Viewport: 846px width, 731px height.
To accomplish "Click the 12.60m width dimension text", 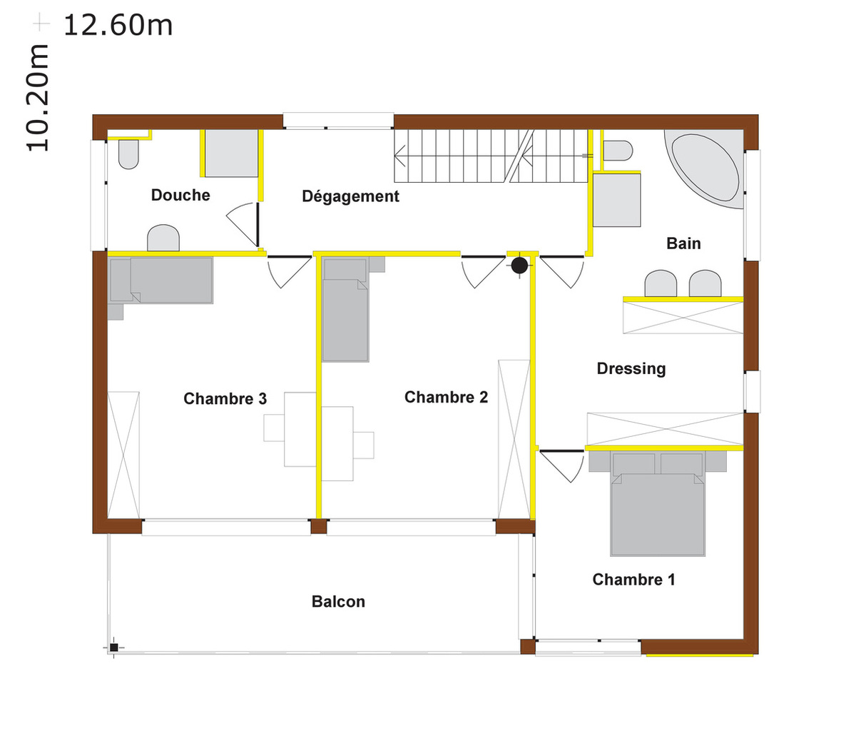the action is [x=118, y=26].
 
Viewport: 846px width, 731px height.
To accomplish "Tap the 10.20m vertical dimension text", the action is [x=38, y=98].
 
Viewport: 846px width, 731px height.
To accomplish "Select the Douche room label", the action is [x=180, y=195].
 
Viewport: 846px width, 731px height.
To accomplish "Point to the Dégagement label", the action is [x=351, y=196].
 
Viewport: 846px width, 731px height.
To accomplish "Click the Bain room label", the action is [x=683, y=243].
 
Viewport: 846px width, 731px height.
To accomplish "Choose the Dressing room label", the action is [x=631, y=369].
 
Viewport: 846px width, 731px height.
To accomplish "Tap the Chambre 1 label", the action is [x=634, y=580].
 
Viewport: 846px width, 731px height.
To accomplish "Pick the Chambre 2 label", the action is [x=447, y=398].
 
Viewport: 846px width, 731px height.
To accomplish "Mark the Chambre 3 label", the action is [x=225, y=399].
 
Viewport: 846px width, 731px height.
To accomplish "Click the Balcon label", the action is [x=338, y=601].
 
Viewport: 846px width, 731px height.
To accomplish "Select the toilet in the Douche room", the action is [x=128, y=154].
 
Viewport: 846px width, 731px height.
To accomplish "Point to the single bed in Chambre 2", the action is [x=345, y=310].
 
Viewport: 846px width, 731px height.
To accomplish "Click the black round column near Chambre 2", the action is [x=519, y=266].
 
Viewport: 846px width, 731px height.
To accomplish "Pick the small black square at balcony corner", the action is [x=114, y=647].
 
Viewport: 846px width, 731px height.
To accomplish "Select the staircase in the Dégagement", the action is [x=491, y=156].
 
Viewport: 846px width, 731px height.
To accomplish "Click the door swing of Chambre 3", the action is [x=289, y=271].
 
